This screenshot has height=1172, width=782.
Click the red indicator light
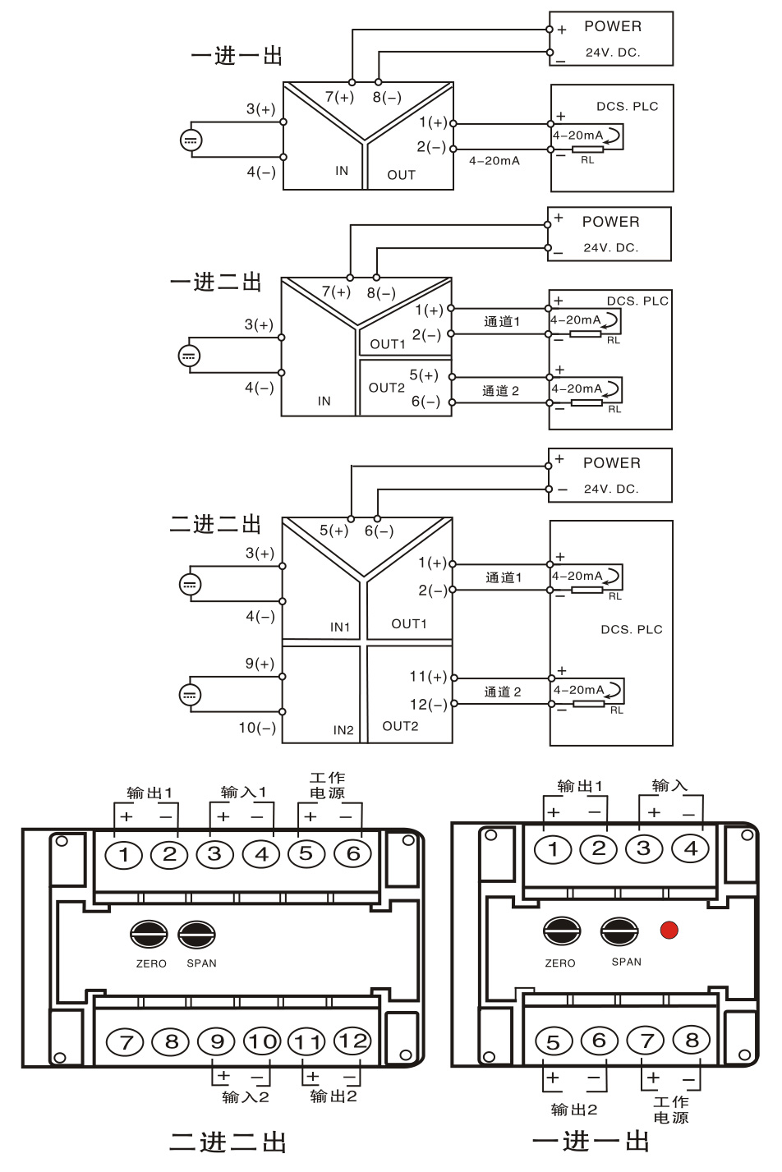tap(669, 930)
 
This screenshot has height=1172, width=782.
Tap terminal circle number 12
tap(352, 1041)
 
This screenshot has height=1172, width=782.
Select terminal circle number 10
tap(262, 1041)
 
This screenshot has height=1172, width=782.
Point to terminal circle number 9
tap(217, 1041)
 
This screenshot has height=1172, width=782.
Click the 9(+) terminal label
tap(260, 664)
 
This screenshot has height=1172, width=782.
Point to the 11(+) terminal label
tap(428, 677)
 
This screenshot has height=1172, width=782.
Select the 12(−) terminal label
tap(428, 705)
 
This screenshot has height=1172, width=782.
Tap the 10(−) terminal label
tap(257, 728)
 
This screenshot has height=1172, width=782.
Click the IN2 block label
tap(343, 730)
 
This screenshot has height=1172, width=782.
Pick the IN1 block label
tap(340, 627)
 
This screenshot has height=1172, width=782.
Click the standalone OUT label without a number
tap(402, 175)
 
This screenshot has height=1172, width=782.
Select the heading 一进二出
tap(215, 283)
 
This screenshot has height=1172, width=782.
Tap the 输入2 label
tap(246, 1097)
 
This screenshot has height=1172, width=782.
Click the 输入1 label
tap(244, 793)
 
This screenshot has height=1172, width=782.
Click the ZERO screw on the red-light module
tap(562, 931)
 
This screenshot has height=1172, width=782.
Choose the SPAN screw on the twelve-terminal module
tap(197, 935)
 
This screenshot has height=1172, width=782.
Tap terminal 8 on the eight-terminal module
tap(692, 1041)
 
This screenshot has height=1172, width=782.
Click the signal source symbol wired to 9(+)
tap(190, 695)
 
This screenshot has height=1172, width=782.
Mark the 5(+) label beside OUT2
tap(424, 375)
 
